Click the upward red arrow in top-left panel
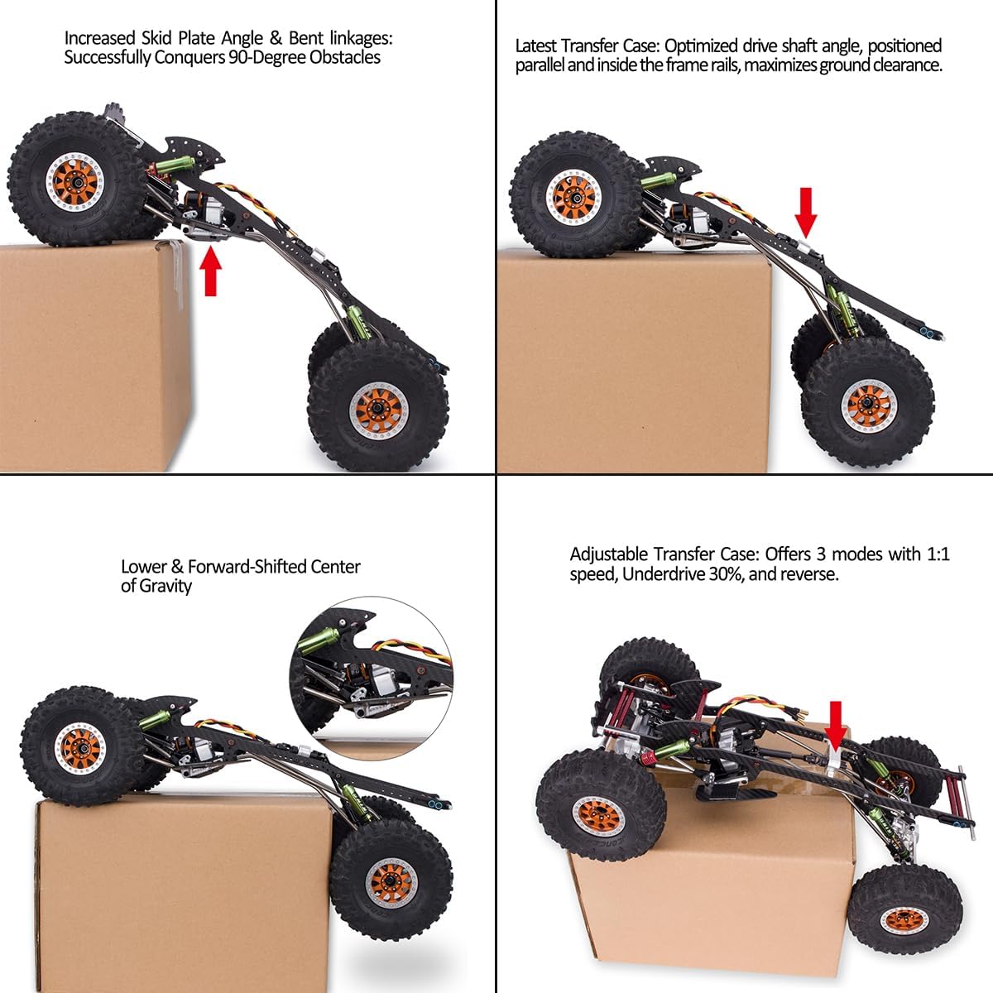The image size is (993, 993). point(213,273)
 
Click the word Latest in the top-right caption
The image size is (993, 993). point(540,46)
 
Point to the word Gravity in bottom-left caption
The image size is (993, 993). point(165,586)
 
